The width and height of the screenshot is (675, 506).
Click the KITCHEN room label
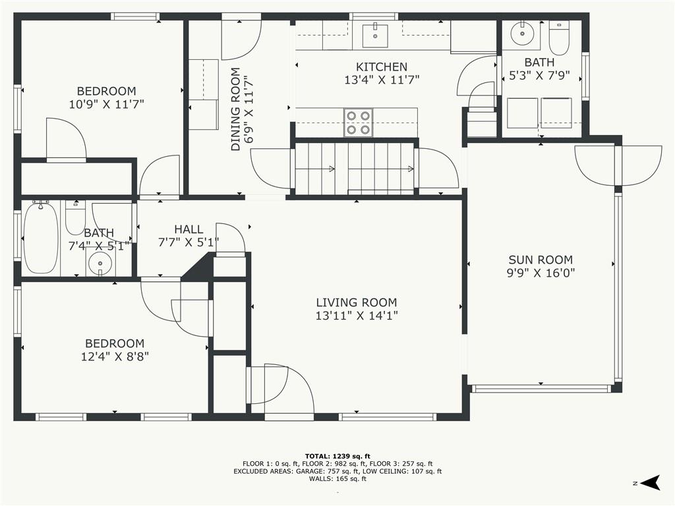(382, 67)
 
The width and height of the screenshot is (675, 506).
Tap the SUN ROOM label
(541, 260)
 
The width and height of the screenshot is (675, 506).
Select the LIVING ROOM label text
(357, 302)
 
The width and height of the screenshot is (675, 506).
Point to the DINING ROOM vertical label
(235, 109)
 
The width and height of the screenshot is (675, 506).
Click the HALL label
(189, 229)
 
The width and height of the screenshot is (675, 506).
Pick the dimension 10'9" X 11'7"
(106, 104)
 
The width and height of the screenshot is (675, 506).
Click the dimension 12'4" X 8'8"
(115, 356)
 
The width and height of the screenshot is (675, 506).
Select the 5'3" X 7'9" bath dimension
(539, 76)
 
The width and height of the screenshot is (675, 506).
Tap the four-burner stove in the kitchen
(358, 123)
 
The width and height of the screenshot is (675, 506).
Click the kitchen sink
(375, 36)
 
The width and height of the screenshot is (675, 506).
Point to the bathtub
(40, 238)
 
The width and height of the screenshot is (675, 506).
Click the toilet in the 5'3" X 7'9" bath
(559, 38)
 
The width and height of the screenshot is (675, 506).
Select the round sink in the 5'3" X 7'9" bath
(522, 33)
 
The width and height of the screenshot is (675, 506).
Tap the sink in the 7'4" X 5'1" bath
(100, 263)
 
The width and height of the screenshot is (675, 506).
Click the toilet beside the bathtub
(76, 217)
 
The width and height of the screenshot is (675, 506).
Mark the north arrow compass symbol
(651, 482)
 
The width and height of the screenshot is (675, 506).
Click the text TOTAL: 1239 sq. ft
(337, 456)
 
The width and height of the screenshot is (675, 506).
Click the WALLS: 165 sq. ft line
(337, 478)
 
